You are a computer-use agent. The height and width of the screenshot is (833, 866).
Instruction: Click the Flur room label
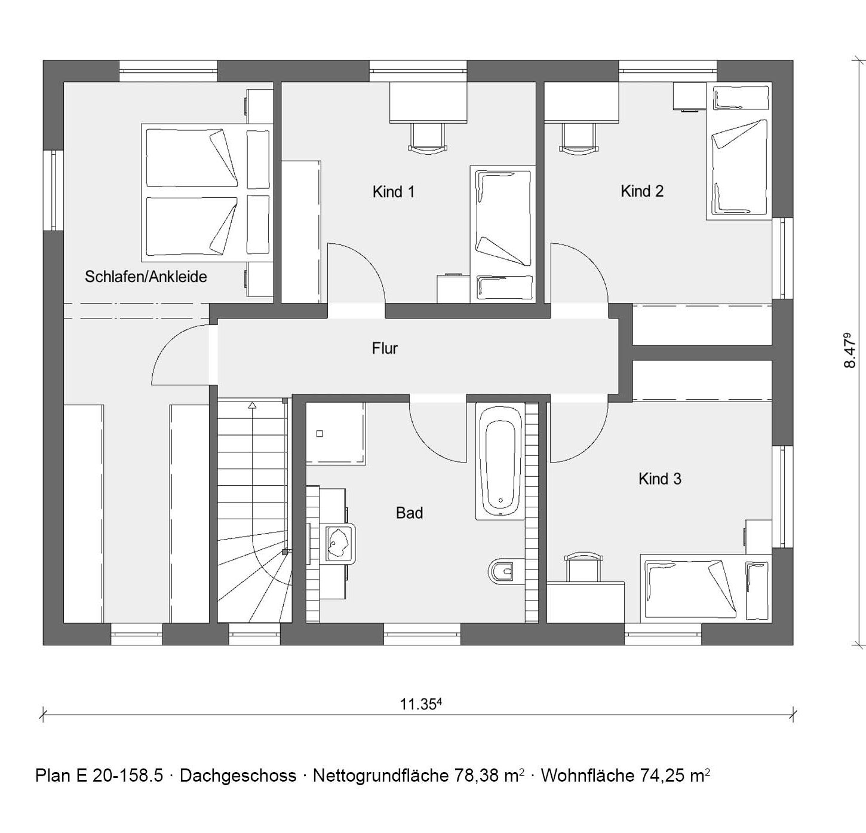click(x=385, y=348)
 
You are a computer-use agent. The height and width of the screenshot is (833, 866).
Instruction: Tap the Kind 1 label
click(x=394, y=192)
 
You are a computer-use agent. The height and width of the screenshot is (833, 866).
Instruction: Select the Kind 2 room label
click(x=641, y=191)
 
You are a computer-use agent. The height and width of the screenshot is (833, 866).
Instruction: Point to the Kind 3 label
click(x=659, y=479)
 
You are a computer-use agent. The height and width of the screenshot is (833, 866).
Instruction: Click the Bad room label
click(x=409, y=513)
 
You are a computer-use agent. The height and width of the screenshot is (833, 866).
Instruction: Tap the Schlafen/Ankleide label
click(x=146, y=277)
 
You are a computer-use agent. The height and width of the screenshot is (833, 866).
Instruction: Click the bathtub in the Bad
click(x=500, y=461)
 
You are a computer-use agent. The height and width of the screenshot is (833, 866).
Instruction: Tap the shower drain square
click(x=320, y=434)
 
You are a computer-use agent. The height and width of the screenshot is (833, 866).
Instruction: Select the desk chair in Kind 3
click(x=584, y=566)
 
